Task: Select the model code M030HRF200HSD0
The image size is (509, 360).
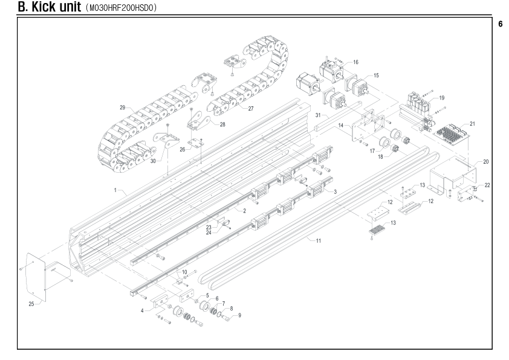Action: [122, 8]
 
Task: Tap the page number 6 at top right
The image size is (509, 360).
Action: [501, 24]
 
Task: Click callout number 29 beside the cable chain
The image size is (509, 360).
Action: [122, 108]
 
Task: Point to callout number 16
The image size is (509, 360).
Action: [356, 62]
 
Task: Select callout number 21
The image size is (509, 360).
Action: [472, 124]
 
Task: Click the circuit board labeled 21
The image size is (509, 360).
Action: [451, 135]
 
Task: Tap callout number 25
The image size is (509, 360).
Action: [31, 304]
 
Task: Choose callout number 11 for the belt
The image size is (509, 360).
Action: [319, 240]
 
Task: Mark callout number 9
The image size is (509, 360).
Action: [239, 315]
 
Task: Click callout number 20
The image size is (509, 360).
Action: [485, 161]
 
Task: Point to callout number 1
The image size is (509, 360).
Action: [115, 190]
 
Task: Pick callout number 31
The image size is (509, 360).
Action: [318, 115]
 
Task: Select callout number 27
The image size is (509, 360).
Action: [251, 109]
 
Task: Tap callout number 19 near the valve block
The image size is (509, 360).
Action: [441, 98]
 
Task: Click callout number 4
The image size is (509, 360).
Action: [142, 310]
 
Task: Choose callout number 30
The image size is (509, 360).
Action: [153, 161]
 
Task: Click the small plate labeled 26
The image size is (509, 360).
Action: [196, 143]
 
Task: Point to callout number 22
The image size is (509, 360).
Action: [487, 185]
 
